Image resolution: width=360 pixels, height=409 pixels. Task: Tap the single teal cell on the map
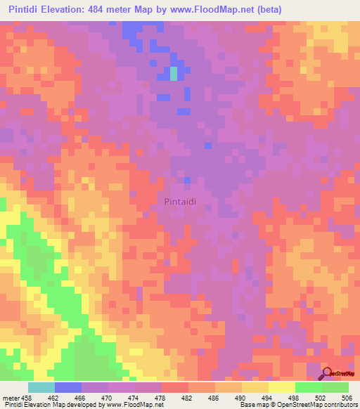pyautogui.click(x=174, y=73)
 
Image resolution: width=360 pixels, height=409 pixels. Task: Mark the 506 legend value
pyautogui.click(x=347, y=397)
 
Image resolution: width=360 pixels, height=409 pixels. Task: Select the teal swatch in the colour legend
pyautogui.click(x=41, y=387)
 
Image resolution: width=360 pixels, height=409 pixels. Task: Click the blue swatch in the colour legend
pyautogui.click(x=67, y=387)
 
